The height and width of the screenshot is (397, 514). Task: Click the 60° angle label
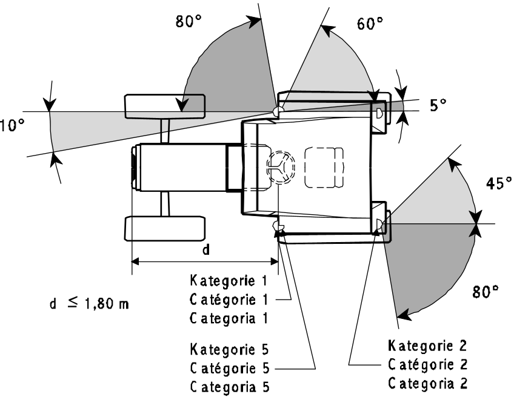coord(370,23)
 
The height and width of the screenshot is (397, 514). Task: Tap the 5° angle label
coord(438,105)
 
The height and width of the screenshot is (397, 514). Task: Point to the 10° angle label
coord(12,125)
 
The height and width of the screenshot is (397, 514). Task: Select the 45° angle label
coord(499,183)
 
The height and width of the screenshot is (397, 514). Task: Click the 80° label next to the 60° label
coord(189,21)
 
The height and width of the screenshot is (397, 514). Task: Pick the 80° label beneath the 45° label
coord(486,291)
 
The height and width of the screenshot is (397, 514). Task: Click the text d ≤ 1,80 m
coord(89,303)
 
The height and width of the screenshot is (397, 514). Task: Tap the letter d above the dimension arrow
coord(206,250)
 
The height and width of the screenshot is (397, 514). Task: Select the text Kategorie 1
coord(229,281)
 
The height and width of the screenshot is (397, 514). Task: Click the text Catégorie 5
coord(230,368)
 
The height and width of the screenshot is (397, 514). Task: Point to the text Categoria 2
coord(428,383)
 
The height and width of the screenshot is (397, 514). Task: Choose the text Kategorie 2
coord(427,346)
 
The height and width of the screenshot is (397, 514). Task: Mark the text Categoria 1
coord(229,318)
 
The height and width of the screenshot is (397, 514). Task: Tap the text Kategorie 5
coord(230,349)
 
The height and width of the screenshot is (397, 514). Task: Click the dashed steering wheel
coord(281,166)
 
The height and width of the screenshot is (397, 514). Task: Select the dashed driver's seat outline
coord(324,168)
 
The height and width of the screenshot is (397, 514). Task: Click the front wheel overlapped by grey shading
coord(165,107)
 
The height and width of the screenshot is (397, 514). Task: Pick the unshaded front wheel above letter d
coord(165,228)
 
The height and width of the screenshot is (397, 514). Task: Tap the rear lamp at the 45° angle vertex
coord(379,224)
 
